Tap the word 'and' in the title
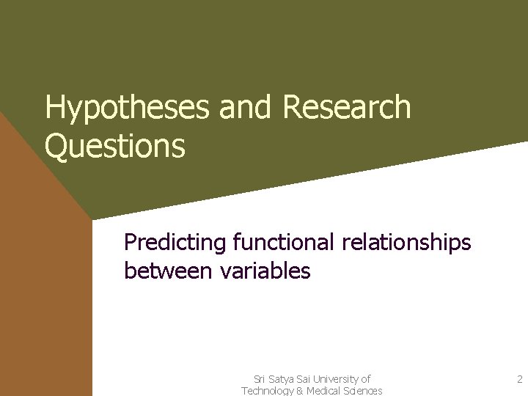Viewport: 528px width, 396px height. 246,108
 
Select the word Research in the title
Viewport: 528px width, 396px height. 346,108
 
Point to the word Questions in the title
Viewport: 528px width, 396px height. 114,146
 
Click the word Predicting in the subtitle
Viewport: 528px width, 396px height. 175,242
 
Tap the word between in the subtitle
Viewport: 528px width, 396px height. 169,271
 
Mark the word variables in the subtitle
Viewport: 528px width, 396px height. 265,271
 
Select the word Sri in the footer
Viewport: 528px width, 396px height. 259,379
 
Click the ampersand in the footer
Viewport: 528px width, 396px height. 300,391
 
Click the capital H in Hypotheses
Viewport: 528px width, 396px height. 54,109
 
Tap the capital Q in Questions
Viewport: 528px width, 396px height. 56,146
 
